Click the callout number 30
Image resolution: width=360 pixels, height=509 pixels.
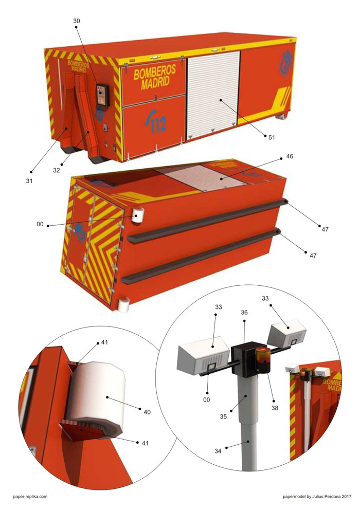point(76,21)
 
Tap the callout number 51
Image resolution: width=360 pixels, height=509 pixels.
point(272,137)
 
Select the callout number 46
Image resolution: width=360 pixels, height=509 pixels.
point(290,156)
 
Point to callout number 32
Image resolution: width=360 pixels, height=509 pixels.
point(57,170)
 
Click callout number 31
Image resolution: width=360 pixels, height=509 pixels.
point(29,181)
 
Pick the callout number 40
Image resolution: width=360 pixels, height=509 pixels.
point(147,412)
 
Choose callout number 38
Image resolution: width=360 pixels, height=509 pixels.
point(275,408)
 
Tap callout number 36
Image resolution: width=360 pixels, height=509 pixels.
point(244,312)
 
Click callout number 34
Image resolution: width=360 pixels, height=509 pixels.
point(218,451)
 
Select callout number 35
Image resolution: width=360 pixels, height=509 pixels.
point(223,416)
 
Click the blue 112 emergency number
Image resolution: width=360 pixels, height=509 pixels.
point(157,122)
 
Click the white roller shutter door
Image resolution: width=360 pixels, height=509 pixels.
point(213,94)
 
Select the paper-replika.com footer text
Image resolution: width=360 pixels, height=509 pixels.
point(30,496)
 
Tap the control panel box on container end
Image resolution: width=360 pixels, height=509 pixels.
point(102,95)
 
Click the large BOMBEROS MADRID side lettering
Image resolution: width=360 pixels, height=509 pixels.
point(154,77)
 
